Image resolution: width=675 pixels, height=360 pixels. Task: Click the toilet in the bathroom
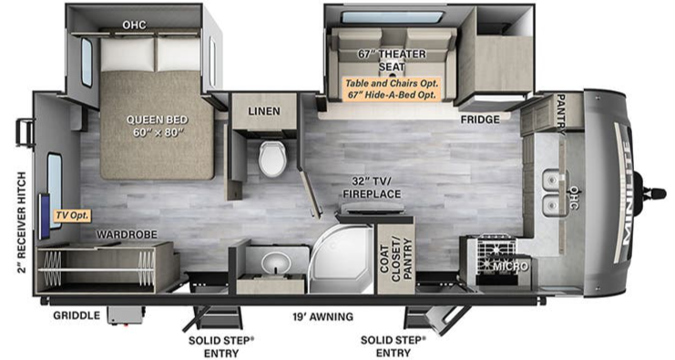272,158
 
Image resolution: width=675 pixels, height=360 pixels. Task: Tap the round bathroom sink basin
275,262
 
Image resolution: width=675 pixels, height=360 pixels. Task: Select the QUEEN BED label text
157,119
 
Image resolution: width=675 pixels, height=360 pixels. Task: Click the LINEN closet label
264,111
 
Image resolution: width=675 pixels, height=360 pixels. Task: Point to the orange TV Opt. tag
72,215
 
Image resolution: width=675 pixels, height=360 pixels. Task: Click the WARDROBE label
127,235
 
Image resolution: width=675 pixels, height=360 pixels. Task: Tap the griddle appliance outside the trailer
126,315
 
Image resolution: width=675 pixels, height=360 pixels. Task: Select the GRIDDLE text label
77,315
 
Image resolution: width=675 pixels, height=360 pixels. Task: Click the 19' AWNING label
322,317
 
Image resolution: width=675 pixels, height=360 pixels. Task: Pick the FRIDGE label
480,119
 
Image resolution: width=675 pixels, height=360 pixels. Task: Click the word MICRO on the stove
510,266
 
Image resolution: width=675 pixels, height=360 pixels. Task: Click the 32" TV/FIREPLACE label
372,188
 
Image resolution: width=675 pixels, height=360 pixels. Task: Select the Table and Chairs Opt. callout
392,83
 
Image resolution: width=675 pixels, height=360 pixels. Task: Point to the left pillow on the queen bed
128,55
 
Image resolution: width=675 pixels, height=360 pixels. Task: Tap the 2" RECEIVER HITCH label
22,222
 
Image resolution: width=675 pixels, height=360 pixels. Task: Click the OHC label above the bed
134,25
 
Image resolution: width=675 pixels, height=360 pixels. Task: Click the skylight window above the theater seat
393,17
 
